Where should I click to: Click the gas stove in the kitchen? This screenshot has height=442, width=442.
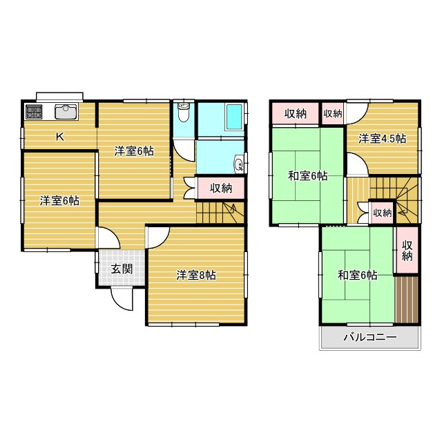(x=34, y=112)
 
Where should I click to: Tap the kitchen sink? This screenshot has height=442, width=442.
(x=66, y=112)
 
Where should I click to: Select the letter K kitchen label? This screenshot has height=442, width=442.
(x=60, y=137)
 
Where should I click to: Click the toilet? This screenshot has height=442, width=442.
(x=184, y=112)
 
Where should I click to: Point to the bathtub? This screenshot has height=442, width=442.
(x=234, y=117)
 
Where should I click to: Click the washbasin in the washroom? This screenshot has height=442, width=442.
(x=238, y=164)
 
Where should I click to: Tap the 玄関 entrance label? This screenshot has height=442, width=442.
(x=122, y=269)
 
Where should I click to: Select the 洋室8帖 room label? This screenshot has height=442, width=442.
(x=196, y=275)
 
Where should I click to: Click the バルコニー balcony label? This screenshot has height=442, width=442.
(x=370, y=337)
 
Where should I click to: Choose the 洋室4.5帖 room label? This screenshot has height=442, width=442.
(x=382, y=139)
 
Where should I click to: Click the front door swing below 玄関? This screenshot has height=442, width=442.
(x=122, y=299)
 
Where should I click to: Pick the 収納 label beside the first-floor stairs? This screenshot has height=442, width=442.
(x=221, y=188)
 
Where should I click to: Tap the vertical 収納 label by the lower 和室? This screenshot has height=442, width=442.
(x=407, y=251)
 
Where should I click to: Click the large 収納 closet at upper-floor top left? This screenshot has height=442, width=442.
(x=295, y=113)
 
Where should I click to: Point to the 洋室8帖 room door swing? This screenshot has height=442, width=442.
(x=159, y=238)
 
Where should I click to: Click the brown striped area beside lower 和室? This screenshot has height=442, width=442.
(x=406, y=300)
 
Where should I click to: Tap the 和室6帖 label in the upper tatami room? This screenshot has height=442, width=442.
(x=308, y=176)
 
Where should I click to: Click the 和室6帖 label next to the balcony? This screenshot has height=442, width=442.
(x=358, y=275)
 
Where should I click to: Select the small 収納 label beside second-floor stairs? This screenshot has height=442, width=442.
(x=383, y=213)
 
